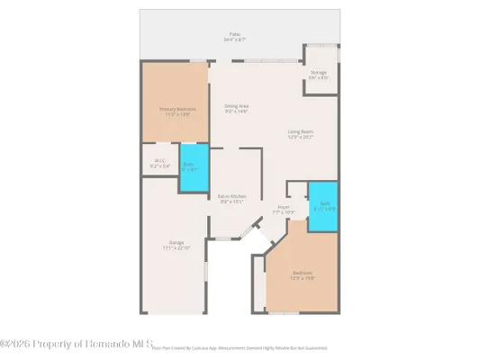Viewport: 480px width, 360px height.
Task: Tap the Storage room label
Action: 319,72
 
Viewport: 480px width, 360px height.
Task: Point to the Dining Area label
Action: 237,106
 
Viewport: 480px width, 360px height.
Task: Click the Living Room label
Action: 301,132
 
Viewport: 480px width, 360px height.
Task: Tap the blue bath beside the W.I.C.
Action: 190,166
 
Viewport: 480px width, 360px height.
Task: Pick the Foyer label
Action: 283,207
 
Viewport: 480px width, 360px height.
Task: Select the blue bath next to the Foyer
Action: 321,206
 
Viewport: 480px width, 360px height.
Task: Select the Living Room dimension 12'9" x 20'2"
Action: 301,138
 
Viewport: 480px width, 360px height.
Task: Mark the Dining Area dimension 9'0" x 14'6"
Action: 237,112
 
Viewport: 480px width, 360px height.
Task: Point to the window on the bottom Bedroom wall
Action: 286,314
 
